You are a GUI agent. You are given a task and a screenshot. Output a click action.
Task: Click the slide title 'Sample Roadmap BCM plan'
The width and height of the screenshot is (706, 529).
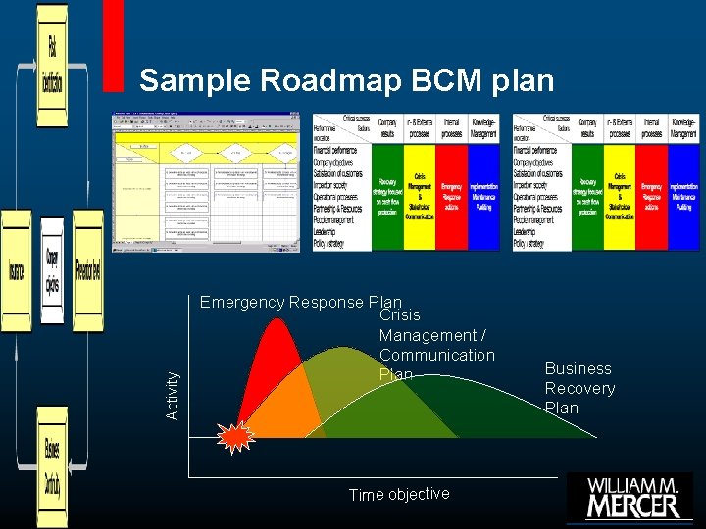tap(346, 80)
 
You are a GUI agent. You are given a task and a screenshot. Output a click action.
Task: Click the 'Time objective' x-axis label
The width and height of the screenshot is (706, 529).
tap(399, 494)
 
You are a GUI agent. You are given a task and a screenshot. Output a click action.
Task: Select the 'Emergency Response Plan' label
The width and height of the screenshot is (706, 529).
tap(300, 302)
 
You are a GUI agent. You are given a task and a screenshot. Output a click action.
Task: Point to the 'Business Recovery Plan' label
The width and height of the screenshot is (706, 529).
tap(580, 388)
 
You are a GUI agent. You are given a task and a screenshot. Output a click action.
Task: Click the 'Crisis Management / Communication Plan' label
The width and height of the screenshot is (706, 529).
tap(436, 345)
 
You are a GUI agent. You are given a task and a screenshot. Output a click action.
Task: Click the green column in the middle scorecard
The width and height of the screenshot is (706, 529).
tap(388, 196)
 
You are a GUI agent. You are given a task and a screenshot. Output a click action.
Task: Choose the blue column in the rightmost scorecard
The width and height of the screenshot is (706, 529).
tap(683, 196)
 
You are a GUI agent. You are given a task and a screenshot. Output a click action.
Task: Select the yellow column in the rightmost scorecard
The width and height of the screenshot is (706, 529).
tap(619, 196)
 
